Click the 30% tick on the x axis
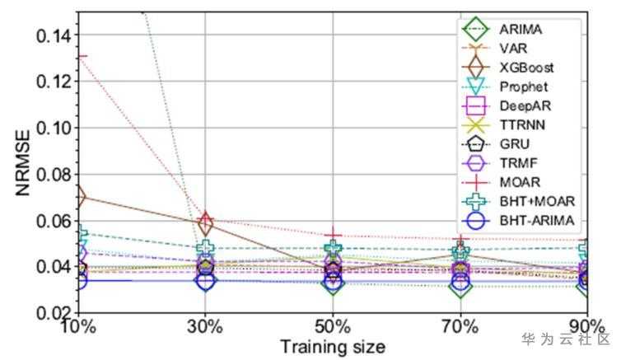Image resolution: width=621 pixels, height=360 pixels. coord(205,325)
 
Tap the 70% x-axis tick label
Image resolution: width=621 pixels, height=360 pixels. coord(460,325)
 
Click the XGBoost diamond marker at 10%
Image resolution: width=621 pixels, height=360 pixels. coord(79,197)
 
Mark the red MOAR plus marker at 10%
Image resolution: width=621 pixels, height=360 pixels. coord(79,56)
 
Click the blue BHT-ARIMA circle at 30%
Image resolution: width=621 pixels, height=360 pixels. coord(206,281)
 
